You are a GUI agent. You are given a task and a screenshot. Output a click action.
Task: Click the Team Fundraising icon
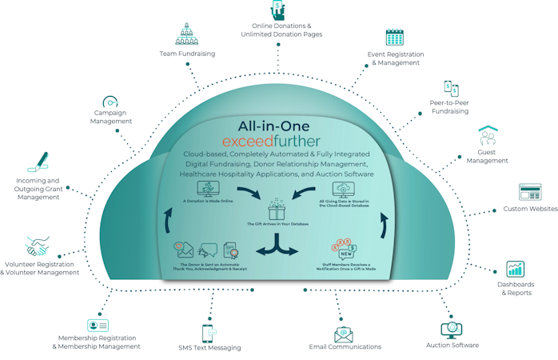click(185, 34)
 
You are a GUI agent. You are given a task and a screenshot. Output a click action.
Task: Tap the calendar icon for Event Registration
click(394, 37)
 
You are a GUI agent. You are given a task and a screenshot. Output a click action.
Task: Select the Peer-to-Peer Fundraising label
click(449, 107)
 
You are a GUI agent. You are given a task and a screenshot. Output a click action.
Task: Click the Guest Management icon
click(488, 137)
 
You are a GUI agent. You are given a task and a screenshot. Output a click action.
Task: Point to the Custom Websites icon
click(530, 192)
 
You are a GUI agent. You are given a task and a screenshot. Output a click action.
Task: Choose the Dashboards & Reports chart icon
click(516, 269)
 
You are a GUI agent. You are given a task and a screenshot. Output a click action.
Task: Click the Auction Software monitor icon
click(448, 329)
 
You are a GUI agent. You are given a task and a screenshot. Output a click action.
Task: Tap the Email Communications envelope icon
click(345, 334)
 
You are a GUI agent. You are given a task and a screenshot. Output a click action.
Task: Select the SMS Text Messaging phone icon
click(209, 332)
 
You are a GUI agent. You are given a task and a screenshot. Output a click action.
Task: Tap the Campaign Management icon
click(110, 103)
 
